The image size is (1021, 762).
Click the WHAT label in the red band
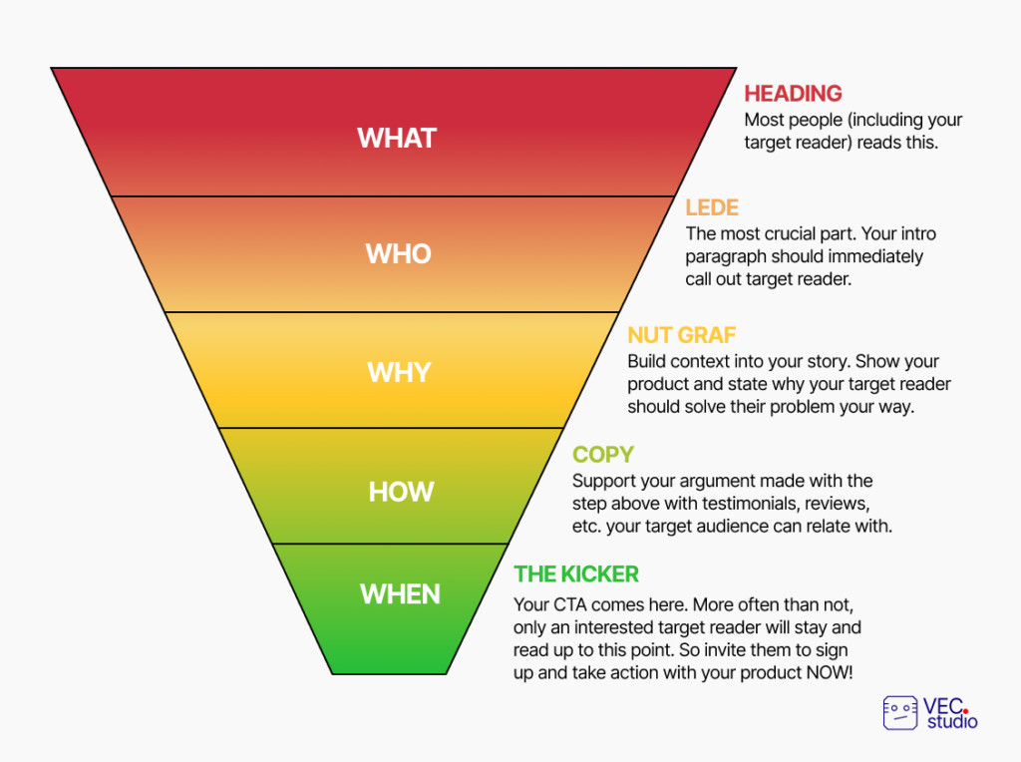pyautogui.click(x=397, y=138)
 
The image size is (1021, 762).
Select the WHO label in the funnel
pyautogui.click(x=398, y=254)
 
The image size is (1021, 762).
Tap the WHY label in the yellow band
pyautogui.click(x=399, y=373)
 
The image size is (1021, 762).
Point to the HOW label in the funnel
pyautogui.click(x=401, y=492)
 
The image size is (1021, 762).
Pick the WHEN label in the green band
pyautogui.click(x=400, y=594)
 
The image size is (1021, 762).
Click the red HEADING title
pyautogui.click(x=793, y=94)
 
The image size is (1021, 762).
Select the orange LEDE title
pyautogui.click(x=712, y=207)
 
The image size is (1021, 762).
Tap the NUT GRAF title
pyautogui.click(x=682, y=335)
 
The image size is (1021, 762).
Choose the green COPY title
pyautogui.click(x=603, y=455)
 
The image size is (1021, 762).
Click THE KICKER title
pyautogui.click(x=576, y=574)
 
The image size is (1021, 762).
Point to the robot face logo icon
pyautogui.click(x=900, y=712)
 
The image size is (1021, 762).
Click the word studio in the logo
pyautogui.click(x=952, y=722)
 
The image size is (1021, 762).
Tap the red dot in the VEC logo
pyautogui.click(x=965, y=711)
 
